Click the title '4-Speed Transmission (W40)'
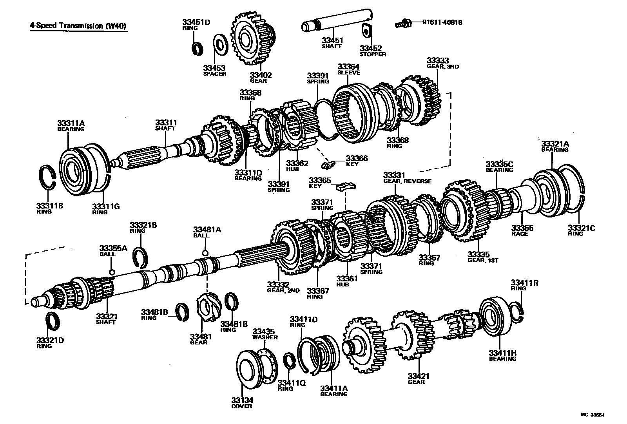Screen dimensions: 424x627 coord(78,26)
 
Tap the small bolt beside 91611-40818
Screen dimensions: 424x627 coord(402,24)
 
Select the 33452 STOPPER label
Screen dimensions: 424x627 coord(373,51)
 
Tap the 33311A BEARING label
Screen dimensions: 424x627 coord(71,126)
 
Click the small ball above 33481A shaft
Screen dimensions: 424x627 coord(205,252)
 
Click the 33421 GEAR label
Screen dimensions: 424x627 coord(418,379)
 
